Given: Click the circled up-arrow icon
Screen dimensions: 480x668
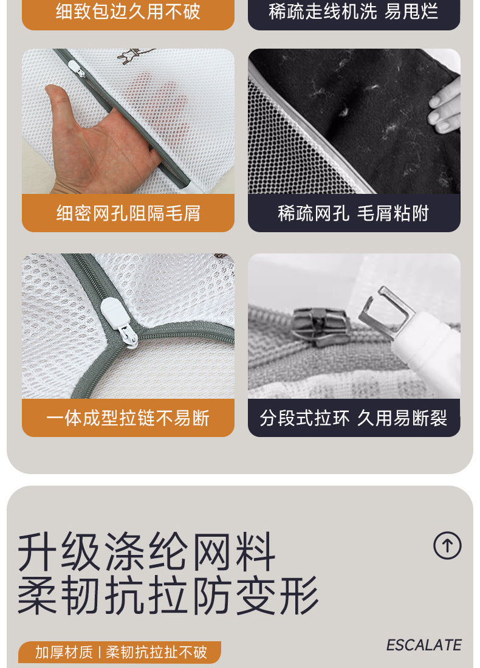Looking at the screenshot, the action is point(447,545).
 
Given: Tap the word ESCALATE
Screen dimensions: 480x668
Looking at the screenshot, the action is point(423,645).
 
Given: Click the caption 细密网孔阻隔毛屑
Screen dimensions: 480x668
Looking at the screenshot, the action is point(128,213).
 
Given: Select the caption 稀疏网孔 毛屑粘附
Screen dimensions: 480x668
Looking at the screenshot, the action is point(354,213).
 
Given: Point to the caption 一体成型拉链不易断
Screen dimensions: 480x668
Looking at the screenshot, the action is point(128,418).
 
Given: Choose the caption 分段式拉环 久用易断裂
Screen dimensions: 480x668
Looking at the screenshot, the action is point(354,418).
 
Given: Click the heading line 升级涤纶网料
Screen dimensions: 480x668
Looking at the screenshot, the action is point(146,551).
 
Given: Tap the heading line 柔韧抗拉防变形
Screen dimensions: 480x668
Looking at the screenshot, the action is point(168,594).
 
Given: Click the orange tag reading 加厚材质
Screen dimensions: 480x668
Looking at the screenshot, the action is point(64,652).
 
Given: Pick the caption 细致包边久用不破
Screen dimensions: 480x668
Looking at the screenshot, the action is point(128,11).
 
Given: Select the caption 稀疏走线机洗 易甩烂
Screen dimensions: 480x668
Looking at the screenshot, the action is point(354,11).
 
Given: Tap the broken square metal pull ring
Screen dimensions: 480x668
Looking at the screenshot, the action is point(386,312).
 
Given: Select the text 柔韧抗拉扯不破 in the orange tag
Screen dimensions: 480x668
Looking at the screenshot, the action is point(156,652).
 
